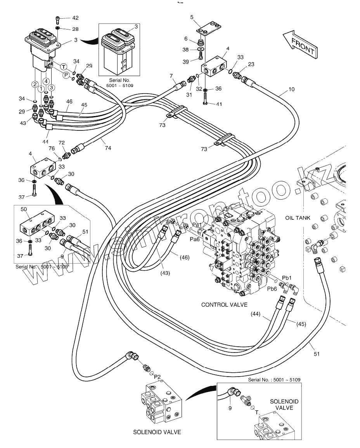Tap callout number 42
(75, 18)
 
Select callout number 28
(75, 29)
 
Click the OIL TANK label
(298, 218)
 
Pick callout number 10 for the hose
(291, 89)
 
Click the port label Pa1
(197, 225)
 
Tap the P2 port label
(157, 377)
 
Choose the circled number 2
(35, 84)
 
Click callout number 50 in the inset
(24, 209)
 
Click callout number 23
(251, 65)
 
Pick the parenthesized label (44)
(255, 313)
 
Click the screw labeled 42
(58, 18)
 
